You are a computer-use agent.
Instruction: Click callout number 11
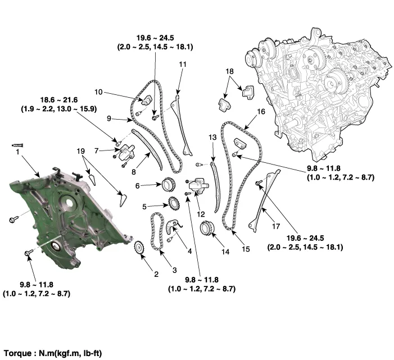(183, 65)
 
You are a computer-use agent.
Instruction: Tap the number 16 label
(261, 111)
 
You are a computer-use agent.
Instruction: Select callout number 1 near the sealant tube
(17, 152)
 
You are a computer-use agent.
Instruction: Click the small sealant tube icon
(17, 145)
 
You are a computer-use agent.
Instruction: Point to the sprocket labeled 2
(139, 248)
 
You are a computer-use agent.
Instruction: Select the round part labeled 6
(168, 185)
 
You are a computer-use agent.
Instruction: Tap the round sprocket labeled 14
(207, 227)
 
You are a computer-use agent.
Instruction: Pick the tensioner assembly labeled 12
(199, 186)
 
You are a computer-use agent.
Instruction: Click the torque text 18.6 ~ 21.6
(59, 100)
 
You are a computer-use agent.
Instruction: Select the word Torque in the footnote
(17, 353)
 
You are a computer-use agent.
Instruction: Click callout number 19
(81, 151)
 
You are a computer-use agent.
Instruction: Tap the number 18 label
(229, 71)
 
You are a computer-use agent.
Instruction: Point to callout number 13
(212, 138)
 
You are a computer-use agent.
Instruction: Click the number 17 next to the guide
(276, 226)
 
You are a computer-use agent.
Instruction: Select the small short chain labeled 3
(156, 231)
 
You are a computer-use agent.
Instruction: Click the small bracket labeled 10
(146, 100)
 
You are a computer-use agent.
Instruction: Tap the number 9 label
(109, 119)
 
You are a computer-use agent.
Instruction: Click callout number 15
(246, 249)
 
